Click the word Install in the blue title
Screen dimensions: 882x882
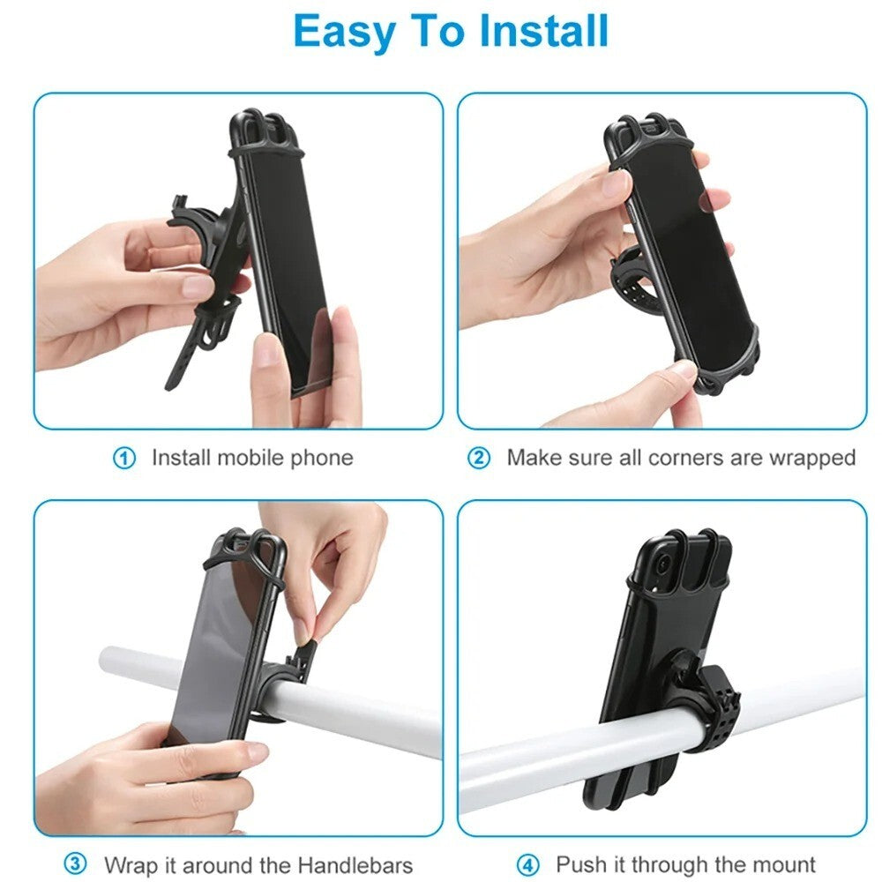coord(544,32)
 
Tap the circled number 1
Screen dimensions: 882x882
coord(125,459)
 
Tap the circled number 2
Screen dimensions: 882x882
coord(479,459)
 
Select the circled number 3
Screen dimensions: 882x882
coord(76,863)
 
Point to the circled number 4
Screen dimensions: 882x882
coord(528,863)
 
